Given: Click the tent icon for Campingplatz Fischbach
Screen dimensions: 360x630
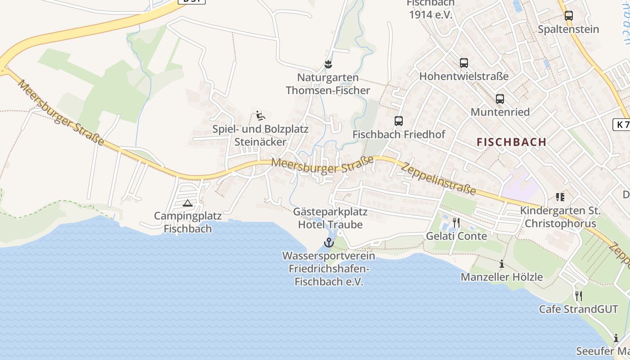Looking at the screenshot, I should coord(188,203).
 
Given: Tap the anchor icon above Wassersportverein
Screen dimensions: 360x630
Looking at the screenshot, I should coord(329,243).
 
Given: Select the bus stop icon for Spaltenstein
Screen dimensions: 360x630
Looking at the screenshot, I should coord(569,16).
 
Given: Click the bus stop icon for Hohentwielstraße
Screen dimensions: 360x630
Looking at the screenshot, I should coord(464,63).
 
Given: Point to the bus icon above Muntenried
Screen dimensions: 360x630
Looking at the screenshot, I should coord(500,99).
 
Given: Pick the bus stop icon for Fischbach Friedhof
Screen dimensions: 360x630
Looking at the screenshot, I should coord(399,121).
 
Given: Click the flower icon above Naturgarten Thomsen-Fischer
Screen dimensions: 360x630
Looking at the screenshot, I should coord(328,64).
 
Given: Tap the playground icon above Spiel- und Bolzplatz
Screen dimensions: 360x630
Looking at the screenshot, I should coord(260,116).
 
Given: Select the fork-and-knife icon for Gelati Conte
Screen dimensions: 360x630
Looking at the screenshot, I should coord(456,223).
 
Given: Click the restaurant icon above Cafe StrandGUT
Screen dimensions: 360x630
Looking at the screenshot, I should coord(579,296).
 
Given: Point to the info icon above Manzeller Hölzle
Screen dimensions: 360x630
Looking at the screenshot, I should coord(502,264).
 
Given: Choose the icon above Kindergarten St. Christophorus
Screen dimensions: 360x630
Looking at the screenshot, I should coord(560,197).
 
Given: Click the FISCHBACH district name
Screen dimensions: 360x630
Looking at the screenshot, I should coord(512,142).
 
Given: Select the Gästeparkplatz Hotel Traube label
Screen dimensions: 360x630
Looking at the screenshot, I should coord(330,218).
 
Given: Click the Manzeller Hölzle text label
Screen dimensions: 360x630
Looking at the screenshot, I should coord(502,277).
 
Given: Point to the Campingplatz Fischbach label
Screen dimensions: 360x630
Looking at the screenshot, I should coord(188,222).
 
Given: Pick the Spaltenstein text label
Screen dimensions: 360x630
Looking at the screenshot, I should coord(569,29).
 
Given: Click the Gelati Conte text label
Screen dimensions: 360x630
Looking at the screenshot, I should coord(456,236).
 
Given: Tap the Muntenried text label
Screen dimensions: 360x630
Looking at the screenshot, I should coord(500,112).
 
